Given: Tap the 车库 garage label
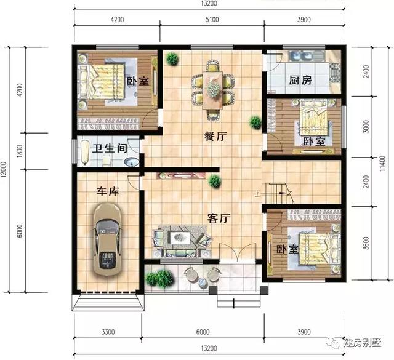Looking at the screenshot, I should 107,191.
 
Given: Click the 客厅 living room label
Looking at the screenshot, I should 219,218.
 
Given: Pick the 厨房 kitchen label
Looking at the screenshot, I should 302,80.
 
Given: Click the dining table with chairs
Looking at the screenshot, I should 212,89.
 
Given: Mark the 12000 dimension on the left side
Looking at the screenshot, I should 4,169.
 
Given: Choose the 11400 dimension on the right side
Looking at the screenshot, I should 383,167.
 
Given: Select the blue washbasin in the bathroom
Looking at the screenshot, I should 131,162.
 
